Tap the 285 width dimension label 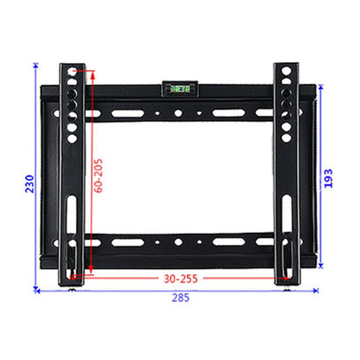click(179, 299)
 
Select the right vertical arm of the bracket click(286, 173)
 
